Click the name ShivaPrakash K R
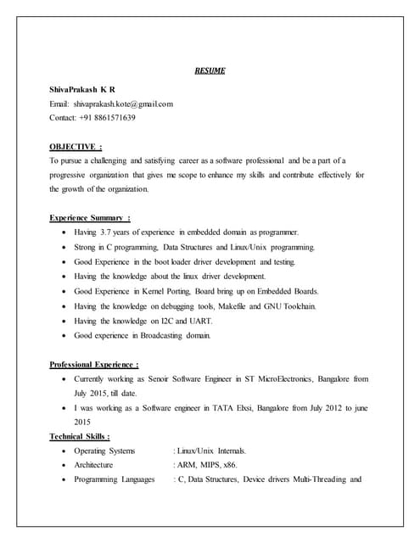83,88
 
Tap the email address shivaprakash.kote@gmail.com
123,103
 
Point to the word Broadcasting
160,335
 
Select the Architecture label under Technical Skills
93,465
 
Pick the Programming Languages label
115,479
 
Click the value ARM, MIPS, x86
206,465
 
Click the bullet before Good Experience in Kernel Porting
57,291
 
